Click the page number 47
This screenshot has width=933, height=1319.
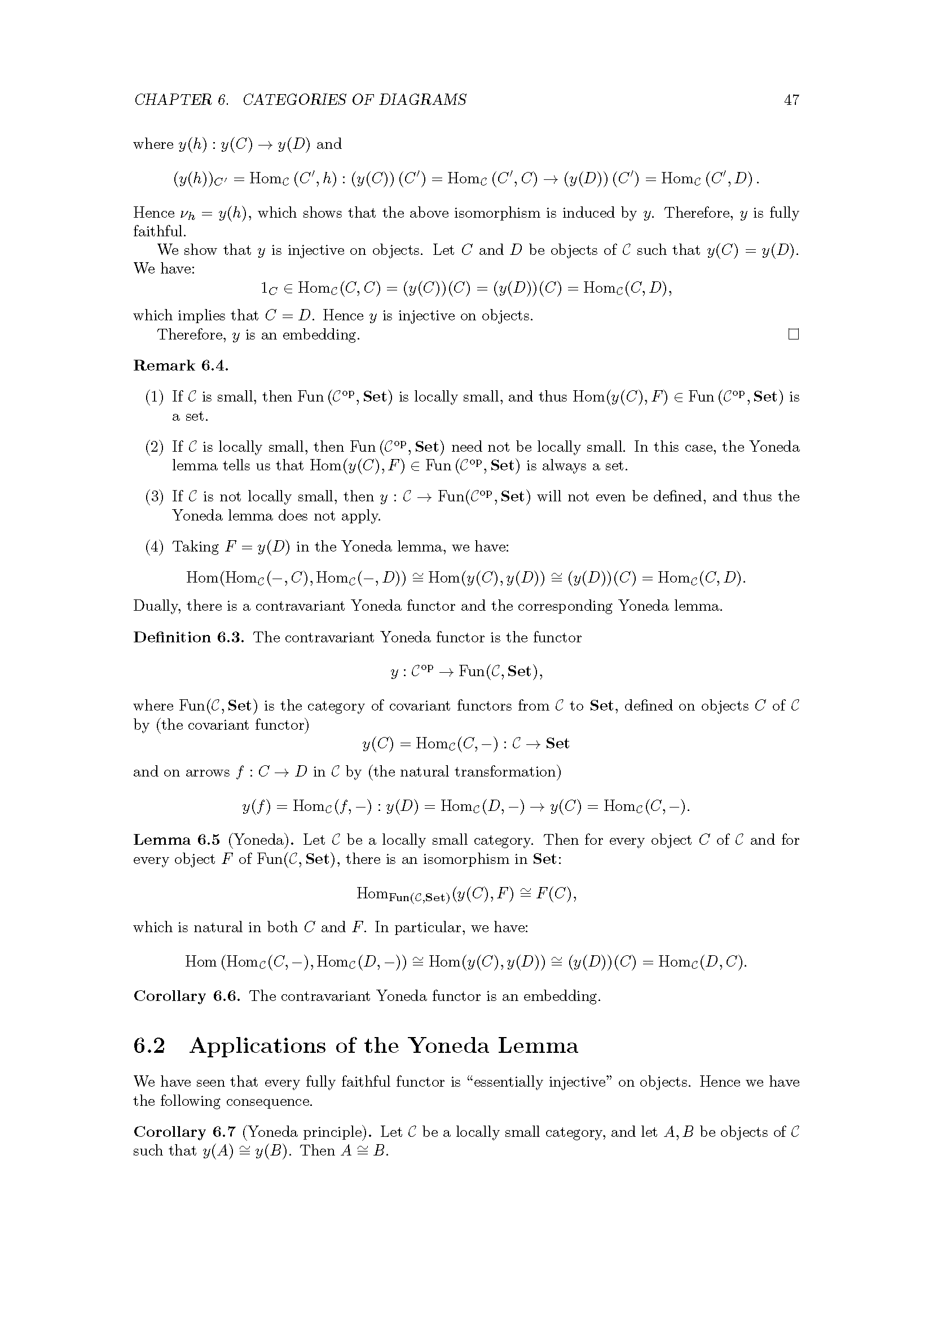coord(791,100)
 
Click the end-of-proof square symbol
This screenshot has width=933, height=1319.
coord(794,334)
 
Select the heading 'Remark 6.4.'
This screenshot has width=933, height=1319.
coord(181,366)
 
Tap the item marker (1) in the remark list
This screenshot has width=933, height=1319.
coord(155,397)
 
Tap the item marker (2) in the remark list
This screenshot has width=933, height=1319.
coord(155,447)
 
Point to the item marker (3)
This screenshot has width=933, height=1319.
coord(155,497)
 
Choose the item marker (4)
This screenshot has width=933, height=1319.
coord(155,546)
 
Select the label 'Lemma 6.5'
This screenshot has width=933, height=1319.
coord(177,840)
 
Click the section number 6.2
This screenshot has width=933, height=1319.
coord(149,1046)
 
